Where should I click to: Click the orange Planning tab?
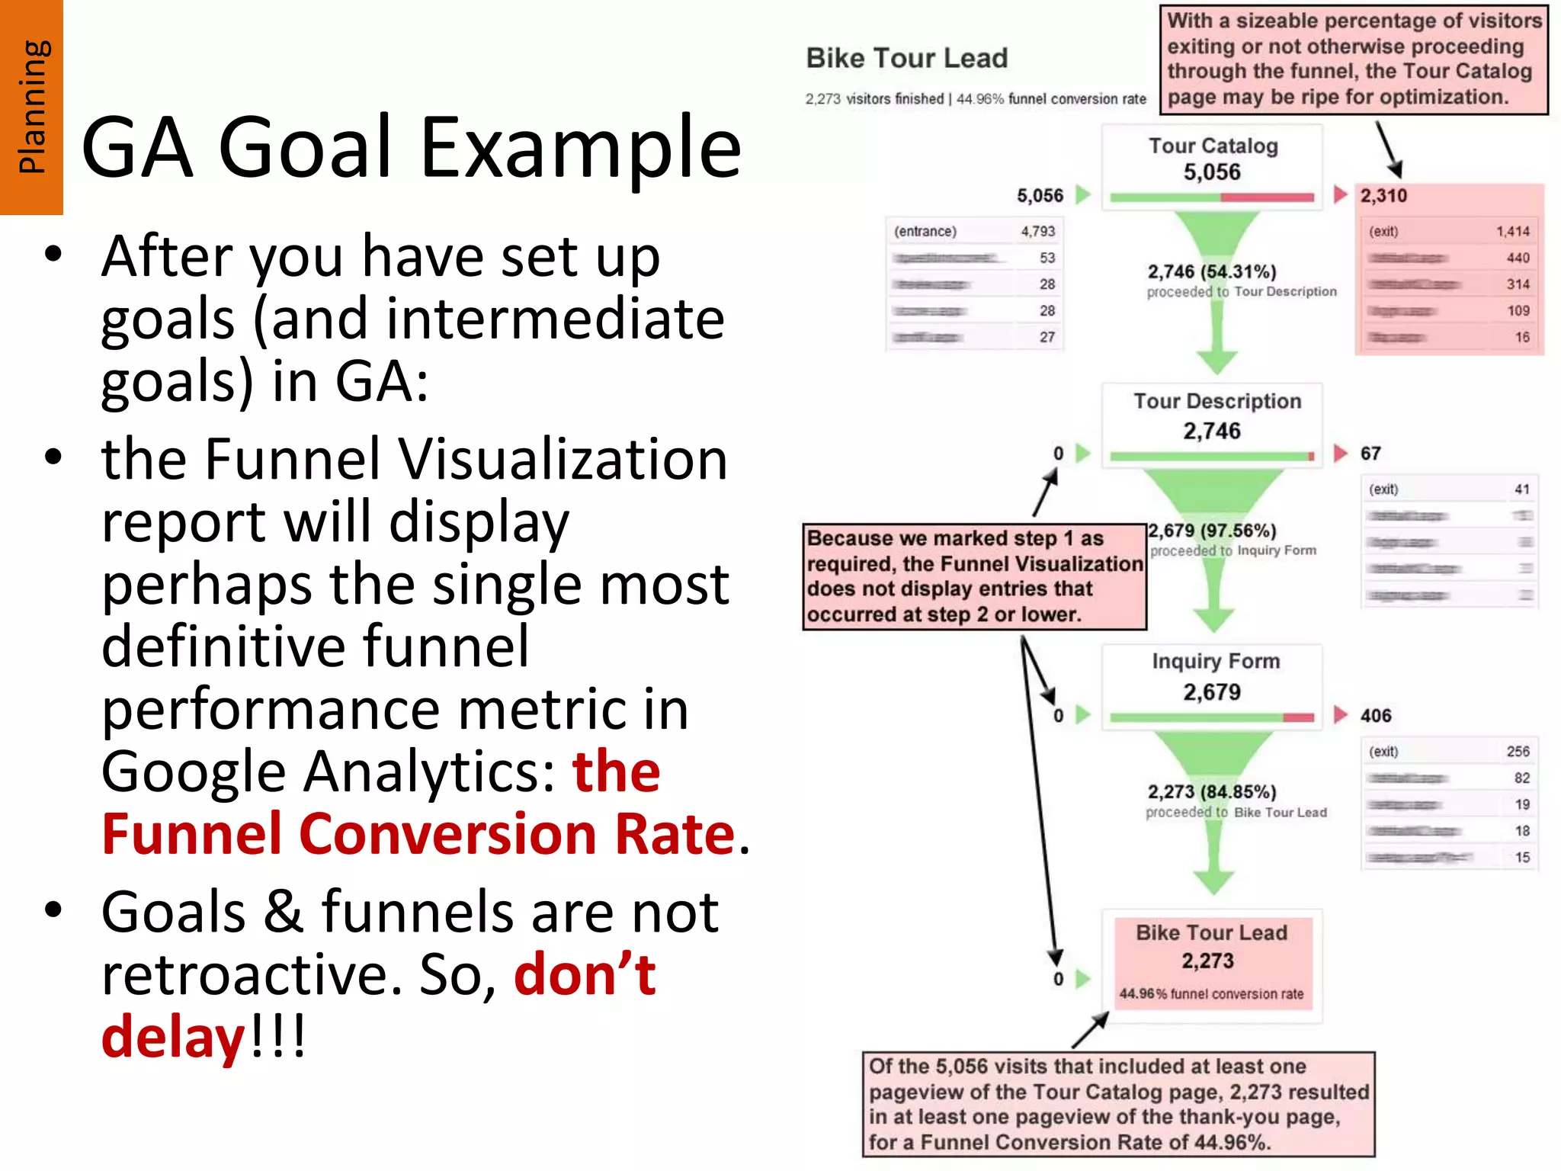[31, 107]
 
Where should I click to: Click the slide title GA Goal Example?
[411, 147]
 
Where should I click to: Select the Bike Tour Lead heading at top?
[906, 59]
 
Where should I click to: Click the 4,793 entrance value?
[1038, 231]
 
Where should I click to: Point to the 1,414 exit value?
[1512, 231]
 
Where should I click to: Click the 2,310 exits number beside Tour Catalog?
[1383, 196]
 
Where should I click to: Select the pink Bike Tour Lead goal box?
[1212, 963]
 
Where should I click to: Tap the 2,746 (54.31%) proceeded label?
[1212, 272]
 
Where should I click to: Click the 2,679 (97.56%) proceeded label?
[1212, 531]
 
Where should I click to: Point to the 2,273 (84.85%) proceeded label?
[1212, 792]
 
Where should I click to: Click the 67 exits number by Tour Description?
[1370, 454]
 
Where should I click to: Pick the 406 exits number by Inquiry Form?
[1376, 716]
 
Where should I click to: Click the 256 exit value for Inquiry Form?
[1518, 752]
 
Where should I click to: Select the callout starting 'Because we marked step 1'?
[974, 576]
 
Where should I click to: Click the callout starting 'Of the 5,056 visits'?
[1118, 1104]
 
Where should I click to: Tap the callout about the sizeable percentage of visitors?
[1354, 59]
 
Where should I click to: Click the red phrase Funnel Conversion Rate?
[418, 834]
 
